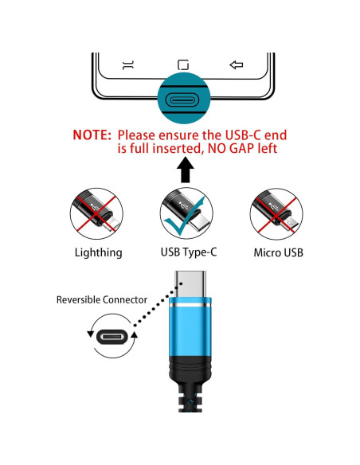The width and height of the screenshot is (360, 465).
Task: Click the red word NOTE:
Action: click(x=92, y=135)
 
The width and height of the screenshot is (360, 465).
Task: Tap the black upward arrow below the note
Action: click(x=186, y=170)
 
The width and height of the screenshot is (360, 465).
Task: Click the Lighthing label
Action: click(x=99, y=253)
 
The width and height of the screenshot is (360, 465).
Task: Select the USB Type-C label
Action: click(x=189, y=252)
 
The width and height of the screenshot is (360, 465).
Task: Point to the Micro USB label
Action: click(x=279, y=253)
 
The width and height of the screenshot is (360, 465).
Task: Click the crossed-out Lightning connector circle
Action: click(x=96, y=214)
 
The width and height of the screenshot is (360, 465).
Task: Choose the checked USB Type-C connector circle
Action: click(x=186, y=213)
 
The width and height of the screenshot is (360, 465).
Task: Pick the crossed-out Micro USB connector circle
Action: click(x=276, y=214)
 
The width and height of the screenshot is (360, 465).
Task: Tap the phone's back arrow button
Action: click(x=237, y=64)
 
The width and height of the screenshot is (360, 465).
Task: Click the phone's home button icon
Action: click(x=183, y=64)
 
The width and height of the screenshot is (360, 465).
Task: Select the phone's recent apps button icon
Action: click(x=128, y=65)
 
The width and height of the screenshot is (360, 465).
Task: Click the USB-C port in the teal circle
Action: click(x=184, y=100)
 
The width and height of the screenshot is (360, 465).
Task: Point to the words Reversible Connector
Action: click(x=102, y=300)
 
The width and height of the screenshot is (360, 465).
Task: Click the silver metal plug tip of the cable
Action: click(x=190, y=283)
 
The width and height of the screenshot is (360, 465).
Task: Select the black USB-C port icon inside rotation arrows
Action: click(x=112, y=338)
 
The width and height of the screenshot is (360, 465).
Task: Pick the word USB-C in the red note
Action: click(x=243, y=135)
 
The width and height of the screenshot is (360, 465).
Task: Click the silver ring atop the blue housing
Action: click(x=190, y=306)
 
